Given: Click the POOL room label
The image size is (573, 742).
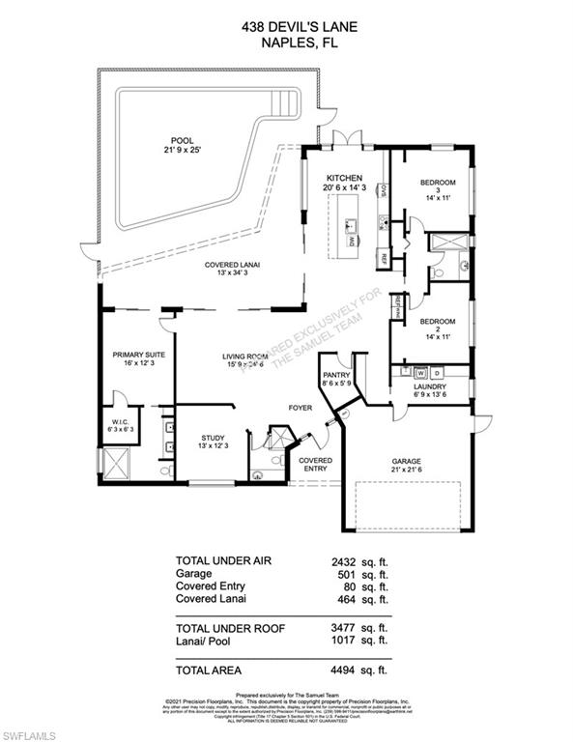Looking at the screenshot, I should tap(176, 139).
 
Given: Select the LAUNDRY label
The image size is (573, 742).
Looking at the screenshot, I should tap(430, 386).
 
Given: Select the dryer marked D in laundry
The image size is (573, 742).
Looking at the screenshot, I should tap(436, 372).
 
